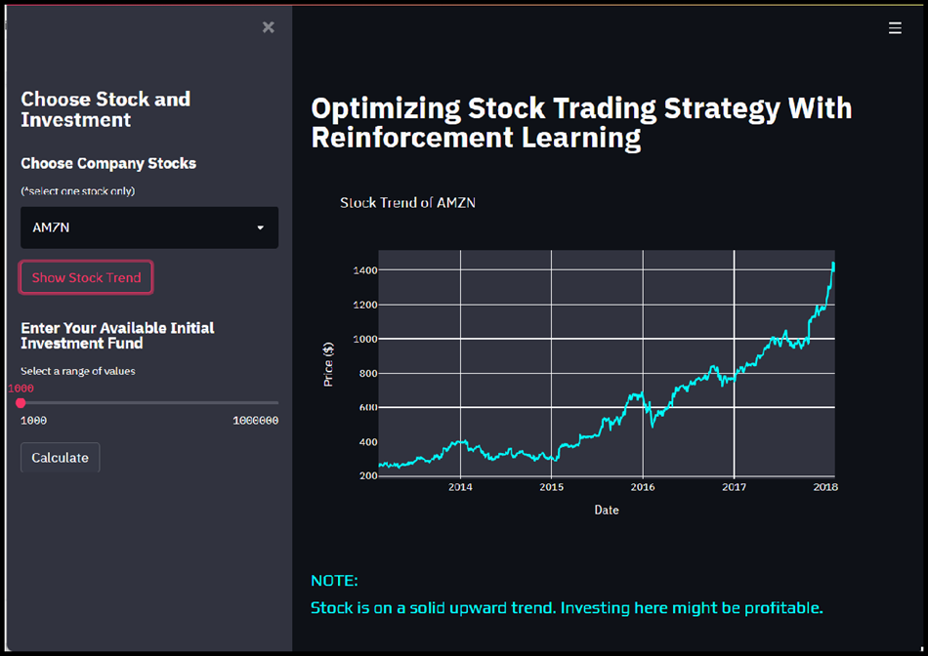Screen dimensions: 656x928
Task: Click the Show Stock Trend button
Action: (86, 277)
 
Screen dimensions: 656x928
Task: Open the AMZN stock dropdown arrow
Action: (260, 227)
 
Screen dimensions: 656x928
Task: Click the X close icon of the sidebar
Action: (269, 27)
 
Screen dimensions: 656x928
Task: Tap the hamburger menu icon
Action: (895, 28)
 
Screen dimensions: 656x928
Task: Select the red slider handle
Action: (21, 402)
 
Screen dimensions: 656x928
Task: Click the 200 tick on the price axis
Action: (366, 476)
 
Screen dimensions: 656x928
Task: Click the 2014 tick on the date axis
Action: (460, 487)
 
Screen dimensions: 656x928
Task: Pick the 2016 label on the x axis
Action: (643, 487)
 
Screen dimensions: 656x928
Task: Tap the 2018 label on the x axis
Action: (824, 487)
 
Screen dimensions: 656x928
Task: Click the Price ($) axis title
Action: (329, 364)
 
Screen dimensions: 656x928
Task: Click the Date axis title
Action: (606, 510)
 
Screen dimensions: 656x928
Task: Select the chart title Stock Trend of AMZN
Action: (407, 203)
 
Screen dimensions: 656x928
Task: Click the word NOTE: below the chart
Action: (334, 581)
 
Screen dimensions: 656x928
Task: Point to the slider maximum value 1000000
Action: (255, 421)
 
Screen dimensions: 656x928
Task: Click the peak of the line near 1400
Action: (833, 264)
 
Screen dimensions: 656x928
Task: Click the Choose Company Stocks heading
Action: (108, 163)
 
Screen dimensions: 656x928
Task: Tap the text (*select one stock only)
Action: (78, 190)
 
